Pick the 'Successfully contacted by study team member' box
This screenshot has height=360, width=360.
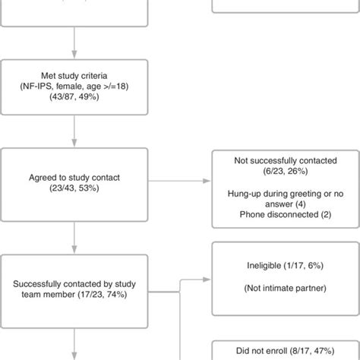pos(74,291)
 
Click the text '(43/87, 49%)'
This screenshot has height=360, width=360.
pos(74,99)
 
